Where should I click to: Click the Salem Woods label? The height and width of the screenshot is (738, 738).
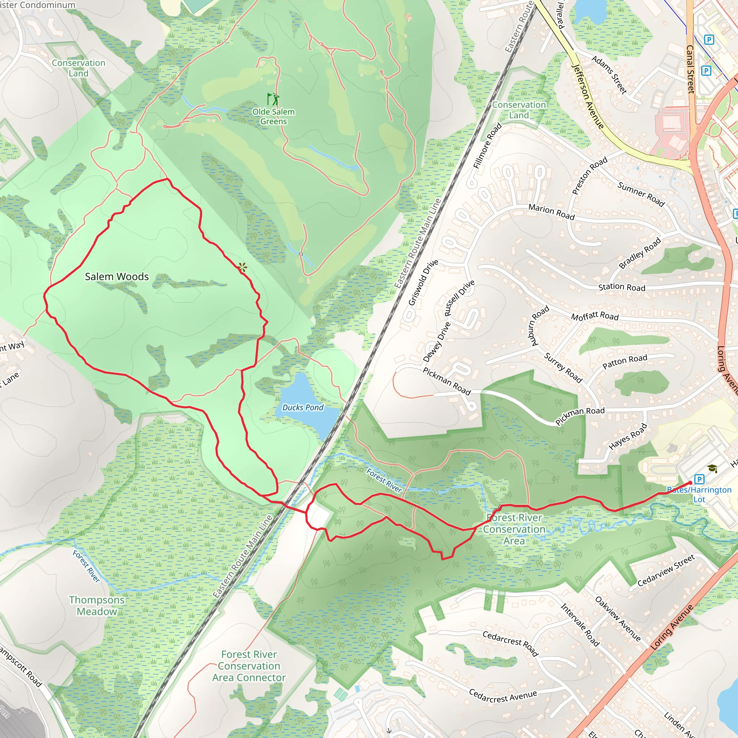tap(116, 276)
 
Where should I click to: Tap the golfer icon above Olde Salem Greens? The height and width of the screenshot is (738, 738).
tap(273, 99)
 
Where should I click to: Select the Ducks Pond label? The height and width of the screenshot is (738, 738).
tap(303, 408)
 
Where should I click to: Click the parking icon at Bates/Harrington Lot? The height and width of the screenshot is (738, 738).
tap(699, 479)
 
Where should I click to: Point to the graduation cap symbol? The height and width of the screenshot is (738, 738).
tap(712, 468)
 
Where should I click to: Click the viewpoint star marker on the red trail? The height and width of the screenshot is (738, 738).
tap(242, 267)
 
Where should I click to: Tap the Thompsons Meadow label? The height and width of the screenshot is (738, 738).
tap(97, 605)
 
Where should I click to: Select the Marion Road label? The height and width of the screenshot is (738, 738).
tap(551, 212)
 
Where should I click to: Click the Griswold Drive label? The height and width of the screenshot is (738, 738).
tap(423, 283)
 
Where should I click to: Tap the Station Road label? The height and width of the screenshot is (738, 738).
tap(622, 287)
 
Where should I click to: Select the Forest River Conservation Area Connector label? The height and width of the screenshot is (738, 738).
tap(249, 666)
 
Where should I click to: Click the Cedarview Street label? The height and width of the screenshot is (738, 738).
tap(666, 571)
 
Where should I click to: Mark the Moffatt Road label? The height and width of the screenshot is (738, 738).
tap(594, 316)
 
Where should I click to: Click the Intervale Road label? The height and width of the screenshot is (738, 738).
tap(580, 624)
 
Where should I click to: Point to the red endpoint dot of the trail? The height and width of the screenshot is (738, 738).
tap(690, 483)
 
